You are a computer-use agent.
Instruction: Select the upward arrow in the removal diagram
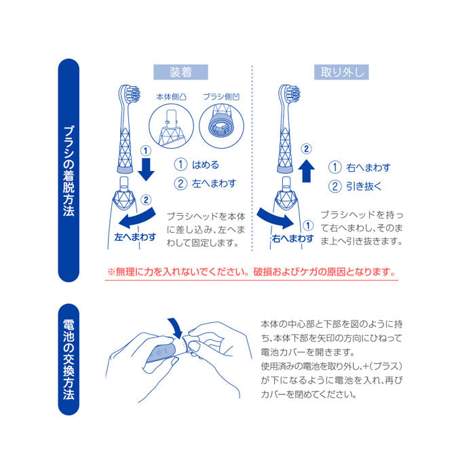pos(307,170)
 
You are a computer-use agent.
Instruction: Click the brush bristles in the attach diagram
pos(130,94)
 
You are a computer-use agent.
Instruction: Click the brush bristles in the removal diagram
pos(291,94)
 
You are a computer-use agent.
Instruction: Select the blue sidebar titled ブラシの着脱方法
pos(69,170)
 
